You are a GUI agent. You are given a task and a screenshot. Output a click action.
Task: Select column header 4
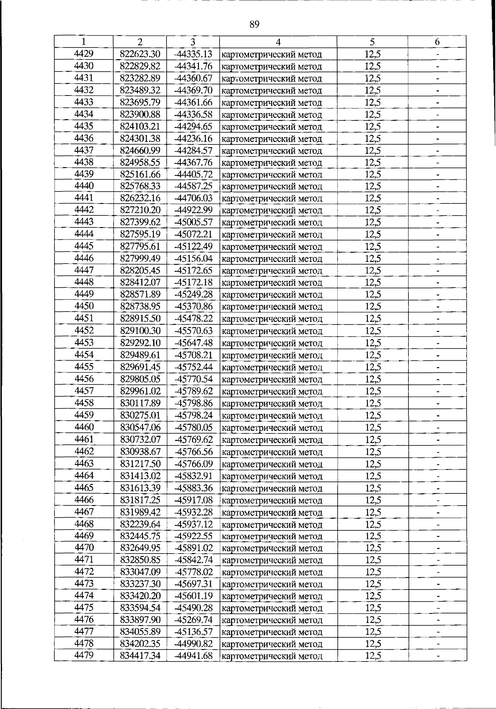278,42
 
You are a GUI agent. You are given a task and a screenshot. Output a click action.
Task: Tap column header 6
437,42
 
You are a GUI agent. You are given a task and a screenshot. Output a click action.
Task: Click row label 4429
83,54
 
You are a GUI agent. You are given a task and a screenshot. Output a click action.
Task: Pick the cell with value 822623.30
140,54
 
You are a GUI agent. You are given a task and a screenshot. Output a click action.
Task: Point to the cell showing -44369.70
193,90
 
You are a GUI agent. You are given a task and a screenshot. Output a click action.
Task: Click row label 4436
83,138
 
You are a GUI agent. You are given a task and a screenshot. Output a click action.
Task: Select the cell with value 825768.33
140,186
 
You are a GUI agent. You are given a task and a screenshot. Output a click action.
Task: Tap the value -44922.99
193,210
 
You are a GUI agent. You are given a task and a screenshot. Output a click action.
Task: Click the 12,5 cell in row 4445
372,247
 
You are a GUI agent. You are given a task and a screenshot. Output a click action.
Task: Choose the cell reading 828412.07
140,283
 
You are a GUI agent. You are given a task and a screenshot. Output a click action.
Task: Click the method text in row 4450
272,307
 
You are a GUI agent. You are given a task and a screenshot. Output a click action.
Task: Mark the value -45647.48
193,343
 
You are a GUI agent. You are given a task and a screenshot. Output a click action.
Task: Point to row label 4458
83,403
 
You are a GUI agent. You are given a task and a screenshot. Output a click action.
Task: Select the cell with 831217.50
140,464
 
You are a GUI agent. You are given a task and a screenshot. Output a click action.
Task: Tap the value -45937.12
193,525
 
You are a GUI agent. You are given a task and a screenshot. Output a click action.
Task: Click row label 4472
83,572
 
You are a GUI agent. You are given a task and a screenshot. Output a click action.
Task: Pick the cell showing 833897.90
140,620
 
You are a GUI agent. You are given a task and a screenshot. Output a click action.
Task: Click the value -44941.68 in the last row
193,656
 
